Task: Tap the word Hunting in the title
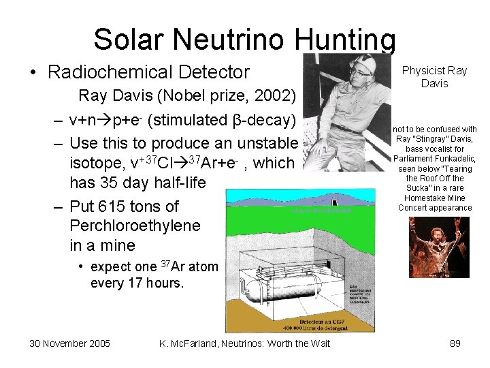tap(345, 40)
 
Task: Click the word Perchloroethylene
tap(135, 226)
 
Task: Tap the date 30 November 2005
tap(70, 343)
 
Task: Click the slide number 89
tap(455, 343)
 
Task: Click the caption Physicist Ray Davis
tap(434, 76)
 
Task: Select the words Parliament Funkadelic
tap(434, 159)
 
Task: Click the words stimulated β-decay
tap(221, 120)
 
